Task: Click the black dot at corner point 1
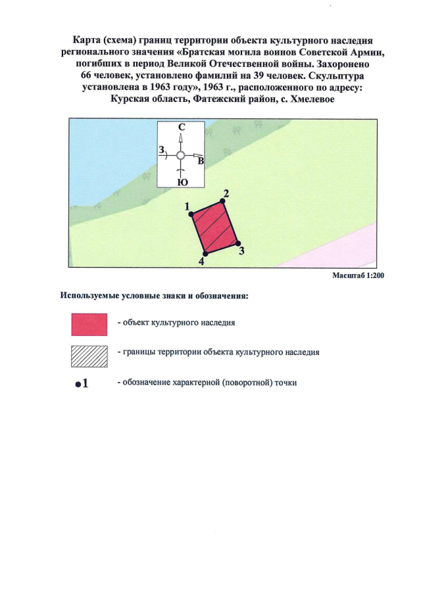[191, 214]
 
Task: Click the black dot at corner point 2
[222, 201]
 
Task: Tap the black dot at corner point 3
[237, 243]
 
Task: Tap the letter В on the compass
[201, 160]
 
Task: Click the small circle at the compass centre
[180, 156]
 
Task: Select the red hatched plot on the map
[214, 227]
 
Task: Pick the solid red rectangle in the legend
[89, 324]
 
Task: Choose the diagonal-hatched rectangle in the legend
[89, 356]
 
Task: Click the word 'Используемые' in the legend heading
[90, 296]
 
